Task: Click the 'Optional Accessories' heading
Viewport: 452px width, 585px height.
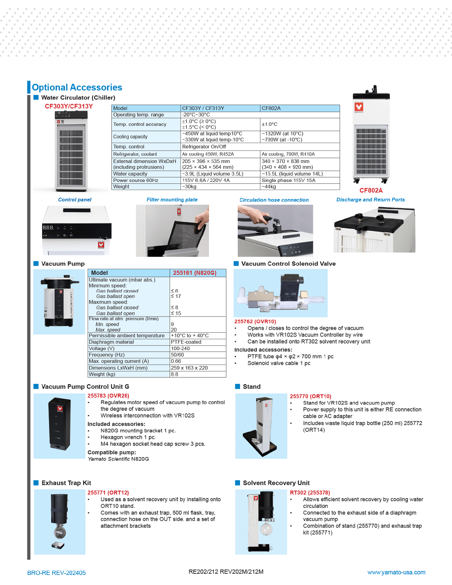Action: [x=77, y=87]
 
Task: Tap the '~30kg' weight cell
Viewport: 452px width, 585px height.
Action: [x=189, y=187]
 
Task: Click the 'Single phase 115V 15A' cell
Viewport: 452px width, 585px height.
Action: [x=289, y=180]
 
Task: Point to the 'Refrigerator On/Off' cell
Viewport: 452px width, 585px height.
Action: [x=204, y=147]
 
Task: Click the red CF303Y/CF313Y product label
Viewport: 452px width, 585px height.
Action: [x=69, y=106]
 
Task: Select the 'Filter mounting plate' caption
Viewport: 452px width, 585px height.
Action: [x=172, y=200]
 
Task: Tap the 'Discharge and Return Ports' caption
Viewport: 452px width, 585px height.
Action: [x=371, y=200]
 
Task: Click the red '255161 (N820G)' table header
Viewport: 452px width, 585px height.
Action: [x=195, y=273]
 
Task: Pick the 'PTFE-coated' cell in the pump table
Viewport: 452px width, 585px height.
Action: [x=186, y=342]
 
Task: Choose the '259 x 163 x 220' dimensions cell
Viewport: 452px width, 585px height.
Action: [x=189, y=368]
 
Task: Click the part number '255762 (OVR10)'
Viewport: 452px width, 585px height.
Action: [x=255, y=321]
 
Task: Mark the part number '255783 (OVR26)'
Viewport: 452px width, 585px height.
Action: [x=108, y=396]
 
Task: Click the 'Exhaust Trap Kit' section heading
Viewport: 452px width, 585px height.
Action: [x=66, y=483]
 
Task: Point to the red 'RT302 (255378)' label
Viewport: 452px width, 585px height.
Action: [x=310, y=493]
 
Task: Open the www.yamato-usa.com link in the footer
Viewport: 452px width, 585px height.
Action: [x=396, y=572]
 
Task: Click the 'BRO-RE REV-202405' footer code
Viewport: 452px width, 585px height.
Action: [x=56, y=573]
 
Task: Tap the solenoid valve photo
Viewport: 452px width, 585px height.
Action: [x=281, y=293]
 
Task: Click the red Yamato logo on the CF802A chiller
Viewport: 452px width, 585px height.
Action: [x=359, y=107]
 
